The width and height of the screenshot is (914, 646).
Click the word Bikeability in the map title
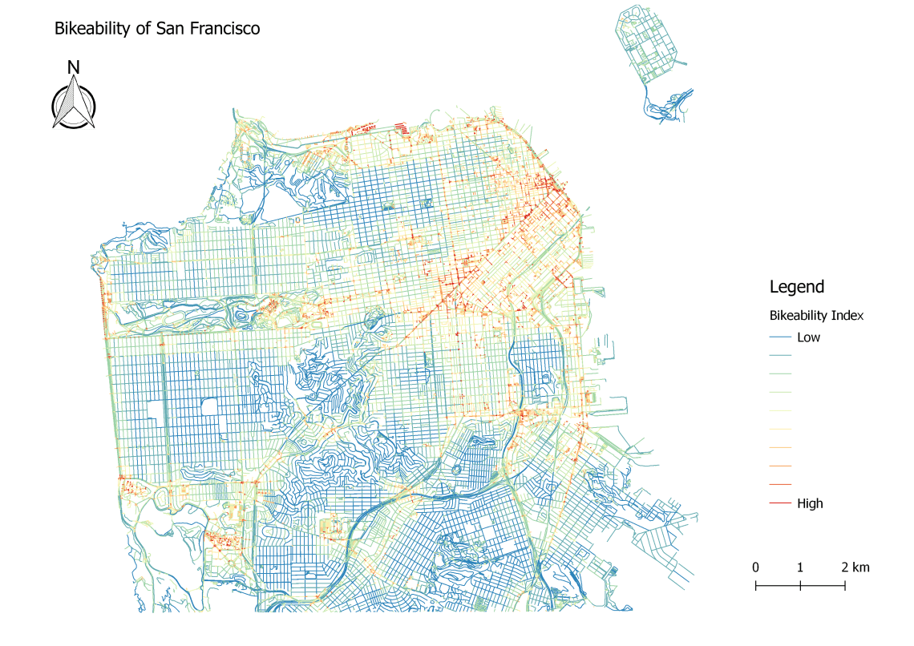88,29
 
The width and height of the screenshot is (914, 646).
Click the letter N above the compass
73,67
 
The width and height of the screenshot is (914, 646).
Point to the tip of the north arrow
73,77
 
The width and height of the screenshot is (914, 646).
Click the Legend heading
796,287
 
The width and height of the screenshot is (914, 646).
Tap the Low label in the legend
808,337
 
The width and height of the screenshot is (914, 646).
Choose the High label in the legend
810,503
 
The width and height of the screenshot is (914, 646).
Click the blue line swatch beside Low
780,337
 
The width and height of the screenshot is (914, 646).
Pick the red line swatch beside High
780,503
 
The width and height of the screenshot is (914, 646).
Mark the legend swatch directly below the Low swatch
780,356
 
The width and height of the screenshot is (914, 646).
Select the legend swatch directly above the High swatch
780,485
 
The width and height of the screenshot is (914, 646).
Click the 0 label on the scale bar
756,567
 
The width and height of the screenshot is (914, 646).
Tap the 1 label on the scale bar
800,567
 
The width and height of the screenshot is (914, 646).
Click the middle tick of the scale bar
801,586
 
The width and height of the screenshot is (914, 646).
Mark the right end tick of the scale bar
845,586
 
